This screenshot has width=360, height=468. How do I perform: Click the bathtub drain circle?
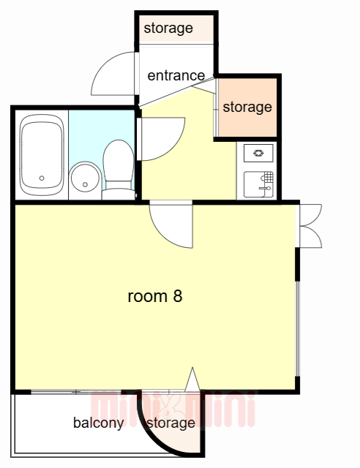click(x=42, y=178)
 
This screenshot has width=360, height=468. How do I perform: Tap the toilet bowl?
click(x=119, y=161)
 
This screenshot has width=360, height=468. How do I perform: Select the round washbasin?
click(x=85, y=177)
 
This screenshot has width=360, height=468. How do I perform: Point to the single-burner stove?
click(x=258, y=153)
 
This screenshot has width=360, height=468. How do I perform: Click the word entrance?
click(x=176, y=76)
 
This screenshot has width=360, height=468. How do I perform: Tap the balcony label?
click(x=99, y=423)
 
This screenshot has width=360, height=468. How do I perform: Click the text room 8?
click(x=155, y=296)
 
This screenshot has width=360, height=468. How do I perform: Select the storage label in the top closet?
click(x=168, y=29)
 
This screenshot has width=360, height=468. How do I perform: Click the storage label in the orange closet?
click(x=247, y=107)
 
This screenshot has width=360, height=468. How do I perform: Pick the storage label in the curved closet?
click(x=171, y=423)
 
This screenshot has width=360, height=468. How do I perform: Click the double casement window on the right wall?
click(x=311, y=226)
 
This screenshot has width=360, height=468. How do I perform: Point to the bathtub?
click(x=42, y=155)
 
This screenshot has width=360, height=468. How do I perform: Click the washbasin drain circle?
click(x=85, y=185)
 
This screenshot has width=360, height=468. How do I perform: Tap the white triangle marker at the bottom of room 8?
click(x=192, y=379)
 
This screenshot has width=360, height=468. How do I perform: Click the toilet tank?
click(x=119, y=194)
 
